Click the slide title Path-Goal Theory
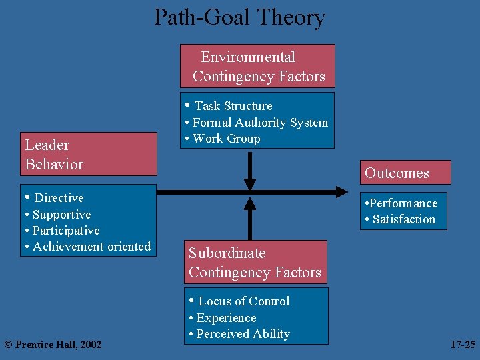pyautogui.click(x=239, y=17)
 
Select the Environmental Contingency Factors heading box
pyautogui.click(x=258, y=67)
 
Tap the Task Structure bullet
pyautogui.click(x=233, y=106)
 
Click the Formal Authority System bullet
pyautogui.click(x=260, y=123)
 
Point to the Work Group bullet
pyautogui.click(x=226, y=139)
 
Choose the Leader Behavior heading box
pyautogui.click(x=88, y=155)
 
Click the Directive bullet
pyautogui.click(x=59, y=198)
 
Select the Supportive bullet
pyautogui.click(x=61, y=215)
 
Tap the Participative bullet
pyautogui.click(x=66, y=231)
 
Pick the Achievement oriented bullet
pyautogui.click(x=91, y=247)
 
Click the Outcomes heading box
pyautogui.click(x=405, y=173)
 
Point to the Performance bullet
pyautogui.click(x=403, y=203)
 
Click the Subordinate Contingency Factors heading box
pyautogui.click(x=256, y=263)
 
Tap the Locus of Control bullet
pyautogui.click(x=243, y=301)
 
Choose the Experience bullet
pyautogui.click(x=226, y=318)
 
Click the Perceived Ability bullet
pyautogui.click(x=243, y=334)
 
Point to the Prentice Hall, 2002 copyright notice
pyautogui.click(x=53, y=344)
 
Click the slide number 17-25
pyautogui.click(x=463, y=345)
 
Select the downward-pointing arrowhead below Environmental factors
pyautogui.click(x=250, y=183)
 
